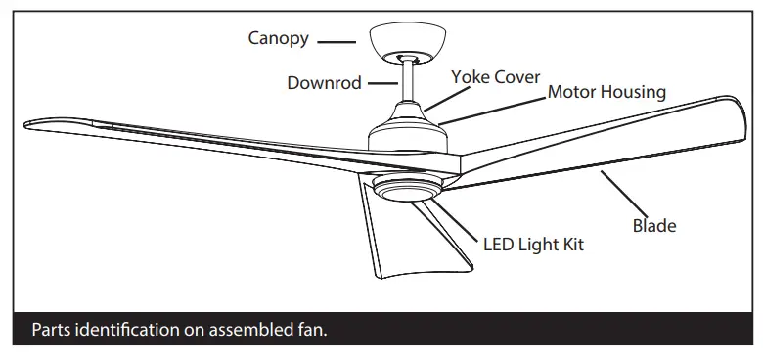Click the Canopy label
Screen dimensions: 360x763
pos(279,40)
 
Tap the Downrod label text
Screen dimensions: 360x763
pos(324,83)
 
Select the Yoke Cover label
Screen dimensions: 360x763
pos(495,76)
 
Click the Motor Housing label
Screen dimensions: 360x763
pos(606,93)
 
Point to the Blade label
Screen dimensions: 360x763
pos(654,226)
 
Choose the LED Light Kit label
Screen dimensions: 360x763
pos(533,244)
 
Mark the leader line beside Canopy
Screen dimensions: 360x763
pos(337,42)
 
